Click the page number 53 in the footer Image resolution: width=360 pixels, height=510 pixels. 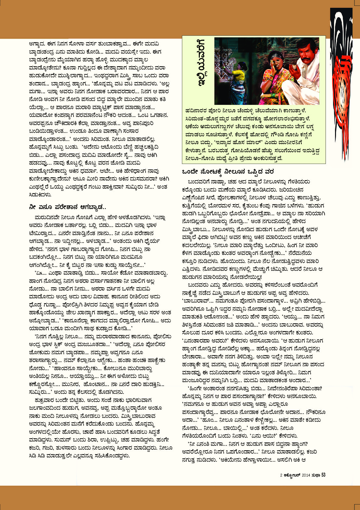[323, 475]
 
